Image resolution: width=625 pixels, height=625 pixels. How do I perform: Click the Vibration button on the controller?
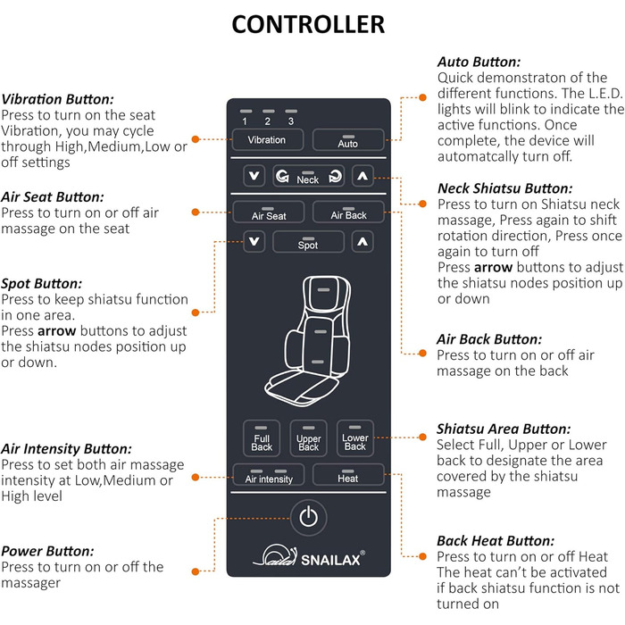[267, 139]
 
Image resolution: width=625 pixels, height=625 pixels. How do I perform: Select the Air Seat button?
[268, 213]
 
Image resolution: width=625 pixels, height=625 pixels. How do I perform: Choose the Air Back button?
[348, 213]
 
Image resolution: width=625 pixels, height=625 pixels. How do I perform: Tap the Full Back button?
[262, 439]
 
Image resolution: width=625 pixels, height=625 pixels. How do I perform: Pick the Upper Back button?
[309, 439]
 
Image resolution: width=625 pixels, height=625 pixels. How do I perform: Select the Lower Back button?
[355, 439]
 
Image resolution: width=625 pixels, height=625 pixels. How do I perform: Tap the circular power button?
[308, 517]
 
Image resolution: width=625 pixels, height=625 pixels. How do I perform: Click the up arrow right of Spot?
[361, 242]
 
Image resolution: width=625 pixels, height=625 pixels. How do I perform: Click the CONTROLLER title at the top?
[308, 24]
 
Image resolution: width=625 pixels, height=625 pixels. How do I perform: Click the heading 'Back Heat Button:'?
[496, 541]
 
